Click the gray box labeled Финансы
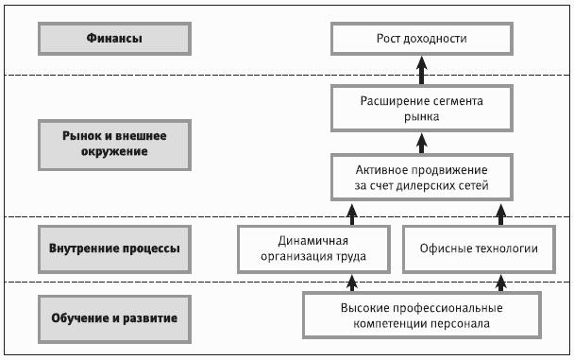pyautogui.click(x=114, y=39)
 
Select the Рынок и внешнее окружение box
pyautogui.click(x=114, y=145)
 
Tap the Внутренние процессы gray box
pyautogui.click(x=114, y=249)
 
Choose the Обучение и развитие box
pyautogui.click(x=114, y=319)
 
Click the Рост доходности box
pyautogui.click(x=422, y=39)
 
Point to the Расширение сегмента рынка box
pyautogui.click(x=422, y=109)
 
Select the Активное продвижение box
pyautogui.click(x=422, y=178)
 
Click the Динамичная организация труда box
pyautogui.click(x=313, y=249)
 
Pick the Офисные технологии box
pyautogui.click(x=479, y=249)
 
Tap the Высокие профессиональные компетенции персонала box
pyautogui.click(x=422, y=316)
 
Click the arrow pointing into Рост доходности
pyautogui.click(x=422, y=70)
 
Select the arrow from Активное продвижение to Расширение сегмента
pyautogui.click(x=422, y=144)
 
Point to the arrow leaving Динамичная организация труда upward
pyautogui.click(x=352, y=214)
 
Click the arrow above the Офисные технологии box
pyautogui.click(x=500, y=214)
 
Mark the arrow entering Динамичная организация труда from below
pyautogui.click(x=352, y=283)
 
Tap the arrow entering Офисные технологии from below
pyautogui.click(x=500, y=283)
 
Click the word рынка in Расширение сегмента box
pyautogui.click(x=422, y=117)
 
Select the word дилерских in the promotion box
pyautogui.click(x=428, y=186)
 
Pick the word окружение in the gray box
pyautogui.click(x=114, y=151)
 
